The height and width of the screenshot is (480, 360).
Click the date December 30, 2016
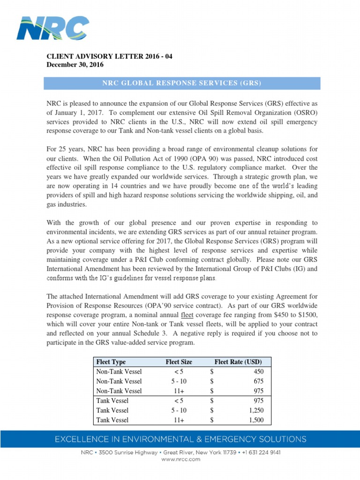pos(75,65)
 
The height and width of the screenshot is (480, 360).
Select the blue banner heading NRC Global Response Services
pos(182,83)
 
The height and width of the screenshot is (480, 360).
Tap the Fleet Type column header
pos(111,362)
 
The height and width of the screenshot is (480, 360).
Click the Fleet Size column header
pos(179,362)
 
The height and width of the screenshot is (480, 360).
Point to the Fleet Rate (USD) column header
pos(238,362)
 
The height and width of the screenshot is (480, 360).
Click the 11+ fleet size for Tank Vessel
pos(179,420)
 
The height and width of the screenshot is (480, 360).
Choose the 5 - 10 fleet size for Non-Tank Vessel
pos(179,381)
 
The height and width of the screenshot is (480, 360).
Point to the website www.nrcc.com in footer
pos(180,460)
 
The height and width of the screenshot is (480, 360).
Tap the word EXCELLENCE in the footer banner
pos(77,439)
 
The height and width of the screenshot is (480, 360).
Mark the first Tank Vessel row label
pos(112,400)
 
